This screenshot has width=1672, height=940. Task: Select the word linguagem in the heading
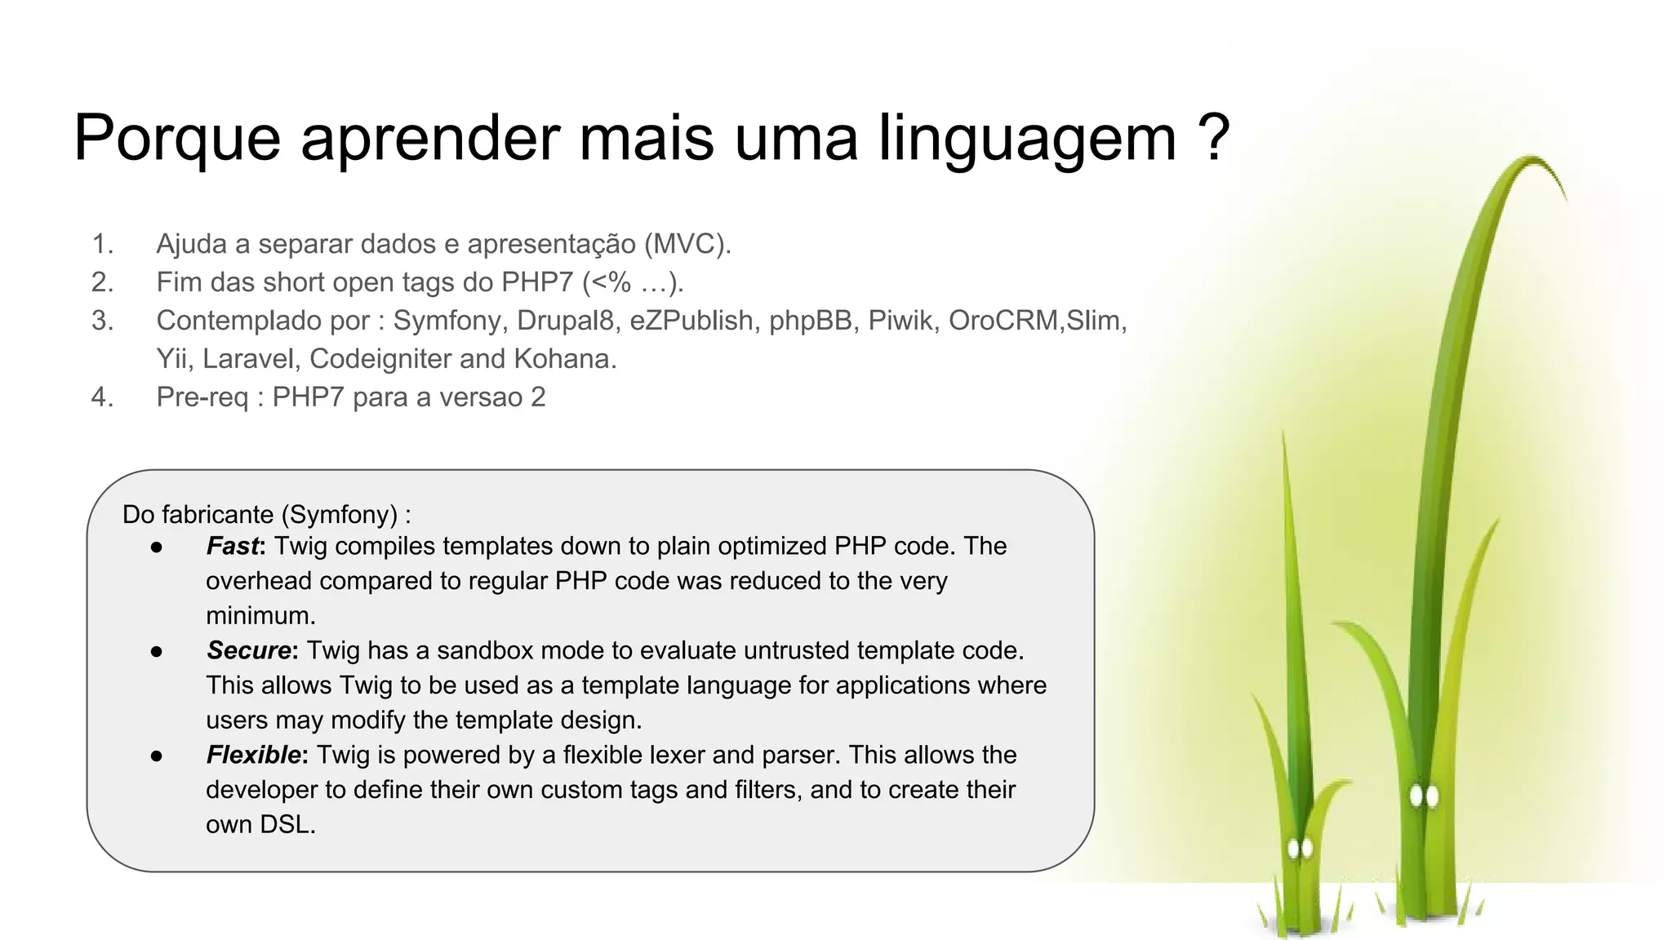pyautogui.click(x=1027, y=139)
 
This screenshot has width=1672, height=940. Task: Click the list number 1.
pyautogui.click(x=102, y=244)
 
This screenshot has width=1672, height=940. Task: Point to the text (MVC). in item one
pyautogui.click(x=687, y=244)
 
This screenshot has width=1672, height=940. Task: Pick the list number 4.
pyautogui.click(x=102, y=397)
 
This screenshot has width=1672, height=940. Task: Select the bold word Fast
pyautogui.click(x=233, y=546)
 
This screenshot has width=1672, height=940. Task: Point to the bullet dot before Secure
pyautogui.click(x=157, y=651)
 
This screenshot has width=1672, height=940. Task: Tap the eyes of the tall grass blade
pyautogui.click(x=1424, y=796)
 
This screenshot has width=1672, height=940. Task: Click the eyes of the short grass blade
pyautogui.click(x=1299, y=849)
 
